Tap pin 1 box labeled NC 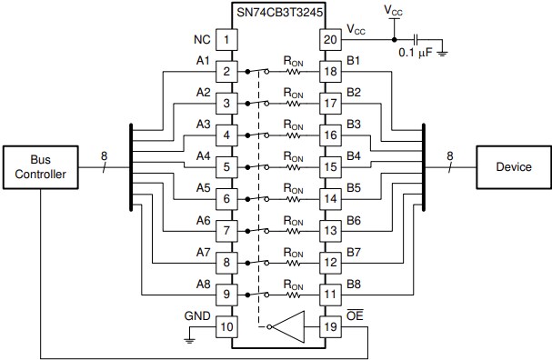click(x=226, y=40)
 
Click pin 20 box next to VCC click(x=329, y=40)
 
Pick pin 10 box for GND click(x=226, y=324)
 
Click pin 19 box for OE click(x=329, y=324)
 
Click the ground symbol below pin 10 click(x=189, y=338)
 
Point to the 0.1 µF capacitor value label click(x=417, y=54)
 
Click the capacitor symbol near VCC click(x=417, y=40)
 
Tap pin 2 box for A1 click(x=226, y=71)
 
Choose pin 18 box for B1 click(x=329, y=71)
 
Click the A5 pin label click(x=203, y=188)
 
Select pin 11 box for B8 click(x=329, y=294)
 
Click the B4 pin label click(x=354, y=156)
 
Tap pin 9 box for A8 click(x=226, y=294)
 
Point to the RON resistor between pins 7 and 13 click(x=293, y=231)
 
